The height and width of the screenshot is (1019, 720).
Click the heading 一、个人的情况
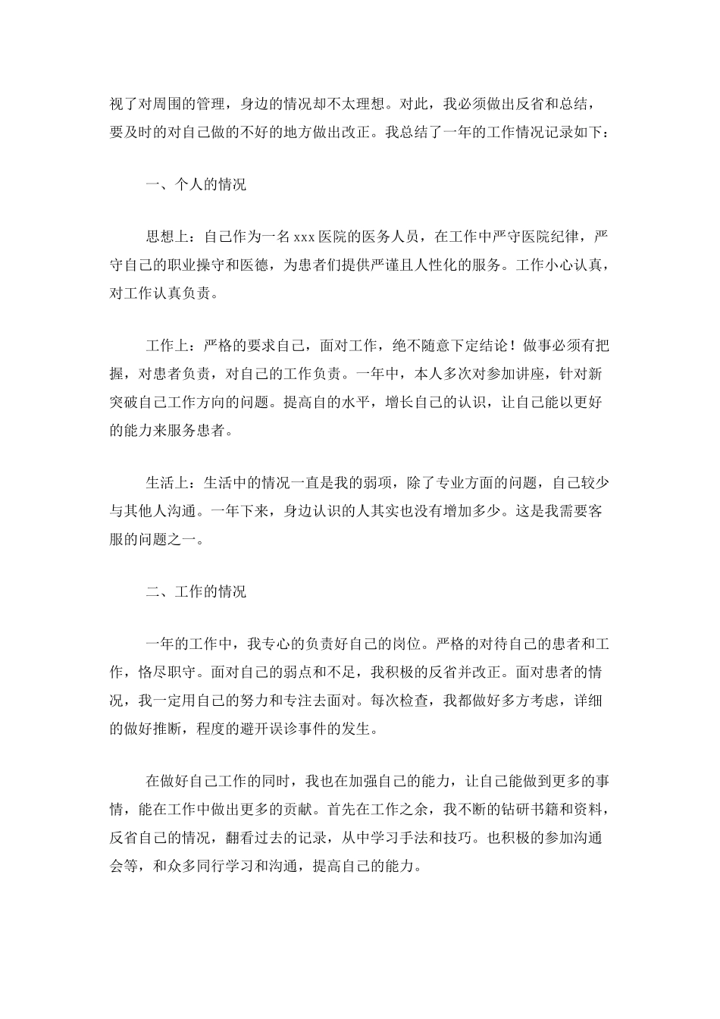pyautogui.click(x=196, y=185)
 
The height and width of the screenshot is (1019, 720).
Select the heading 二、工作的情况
pyautogui.click(x=196, y=592)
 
